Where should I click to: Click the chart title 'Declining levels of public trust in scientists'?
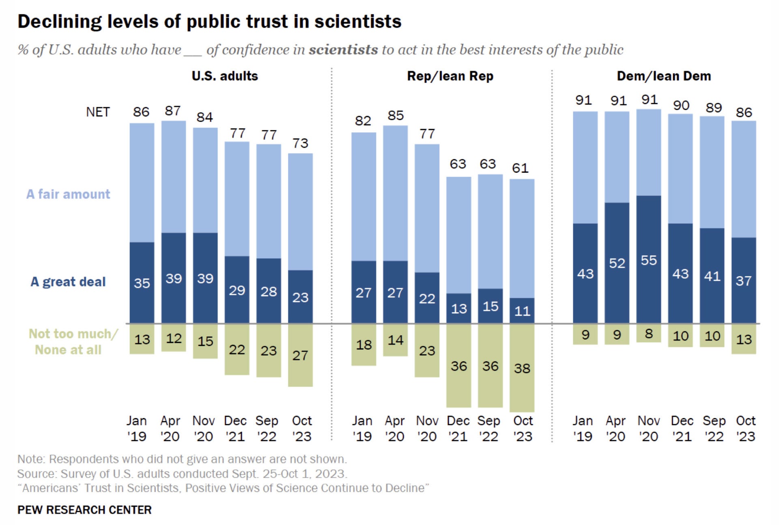coord(209,22)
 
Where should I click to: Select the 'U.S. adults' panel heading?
coord(225,76)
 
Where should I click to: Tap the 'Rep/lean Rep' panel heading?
coord(450,76)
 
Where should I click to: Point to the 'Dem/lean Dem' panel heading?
coord(664,76)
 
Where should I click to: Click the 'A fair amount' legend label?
coord(68,194)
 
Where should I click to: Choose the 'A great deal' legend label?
coord(68,282)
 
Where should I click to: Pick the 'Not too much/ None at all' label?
coord(72,342)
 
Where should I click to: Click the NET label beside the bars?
coord(98,112)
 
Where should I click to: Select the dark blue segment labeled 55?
coord(648,260)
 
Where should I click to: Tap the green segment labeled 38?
coord(522,368)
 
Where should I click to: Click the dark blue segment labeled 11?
coord(522,311)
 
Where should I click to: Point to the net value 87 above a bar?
coord(173,111)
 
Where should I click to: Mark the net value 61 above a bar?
coord(520,168)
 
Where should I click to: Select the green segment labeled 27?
coord(300,355)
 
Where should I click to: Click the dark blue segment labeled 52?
coord(617,263)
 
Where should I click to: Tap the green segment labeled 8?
coord(648,334)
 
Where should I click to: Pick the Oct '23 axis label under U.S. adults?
coord(301,428)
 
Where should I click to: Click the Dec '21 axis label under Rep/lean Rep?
coord(458,428)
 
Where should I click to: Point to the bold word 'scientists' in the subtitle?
coord(343,49)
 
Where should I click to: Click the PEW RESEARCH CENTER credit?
coord(84,510)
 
